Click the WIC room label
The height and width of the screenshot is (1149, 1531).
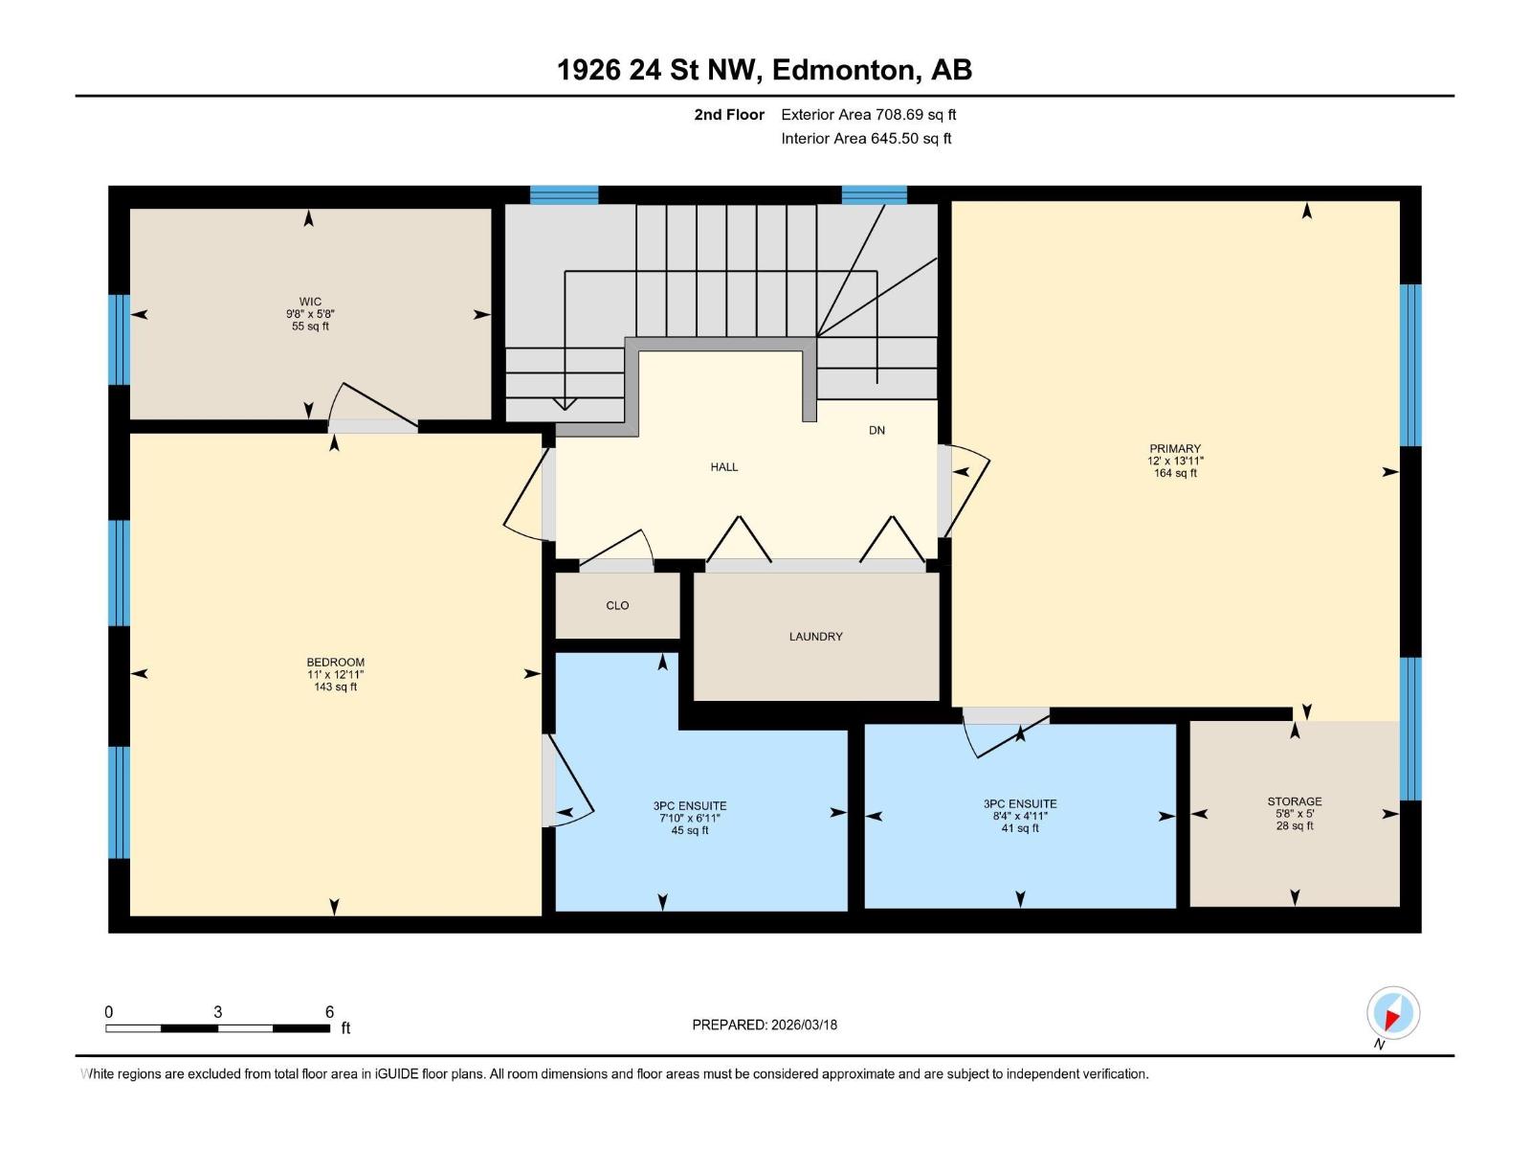pos(310,302)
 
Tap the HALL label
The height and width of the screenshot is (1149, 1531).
pos(724,467)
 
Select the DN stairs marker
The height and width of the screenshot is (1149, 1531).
pos(876,431)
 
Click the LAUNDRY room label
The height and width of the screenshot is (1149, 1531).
pos(815,637)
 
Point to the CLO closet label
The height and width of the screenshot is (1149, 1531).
pos(617,605)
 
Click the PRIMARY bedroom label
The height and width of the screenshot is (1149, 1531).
pos(1175,448)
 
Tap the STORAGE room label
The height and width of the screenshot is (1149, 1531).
pos(1294,801)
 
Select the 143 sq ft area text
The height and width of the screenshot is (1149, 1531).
pos(335,687)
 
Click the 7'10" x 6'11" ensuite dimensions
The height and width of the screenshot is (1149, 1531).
pos(689,819)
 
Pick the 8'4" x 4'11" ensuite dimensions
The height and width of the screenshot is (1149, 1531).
pos(1020,817)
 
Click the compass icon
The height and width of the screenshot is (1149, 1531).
pos(1392,1013)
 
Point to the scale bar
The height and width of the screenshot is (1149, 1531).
pos(218,1028)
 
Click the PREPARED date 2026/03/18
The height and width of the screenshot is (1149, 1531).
pos(765,1025)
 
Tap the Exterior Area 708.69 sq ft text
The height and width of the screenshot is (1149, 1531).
pos(868,115)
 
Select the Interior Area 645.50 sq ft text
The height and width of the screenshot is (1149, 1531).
pos(866,138)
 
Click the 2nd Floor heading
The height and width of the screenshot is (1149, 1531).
pos(729,115)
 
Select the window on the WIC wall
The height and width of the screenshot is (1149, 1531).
pos(119,339)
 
